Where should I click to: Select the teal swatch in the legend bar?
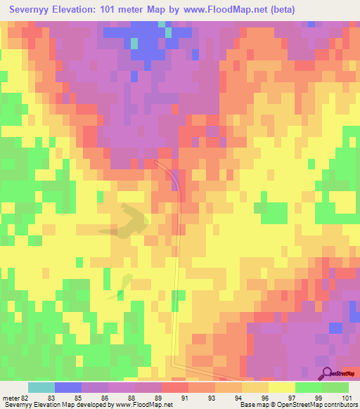pos(41,387)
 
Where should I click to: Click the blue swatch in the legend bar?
pos(68,387)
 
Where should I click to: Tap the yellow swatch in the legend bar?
pos(282,387)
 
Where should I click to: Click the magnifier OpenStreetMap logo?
pos(327,373)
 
